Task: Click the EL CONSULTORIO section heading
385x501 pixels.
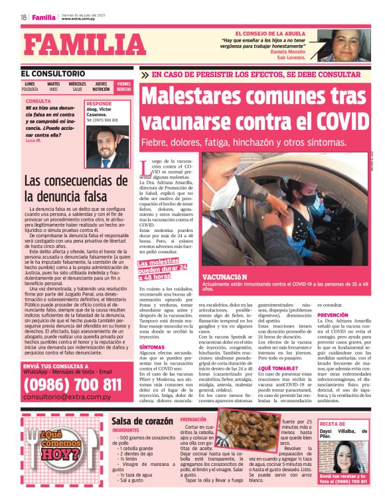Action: coord(52,73)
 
